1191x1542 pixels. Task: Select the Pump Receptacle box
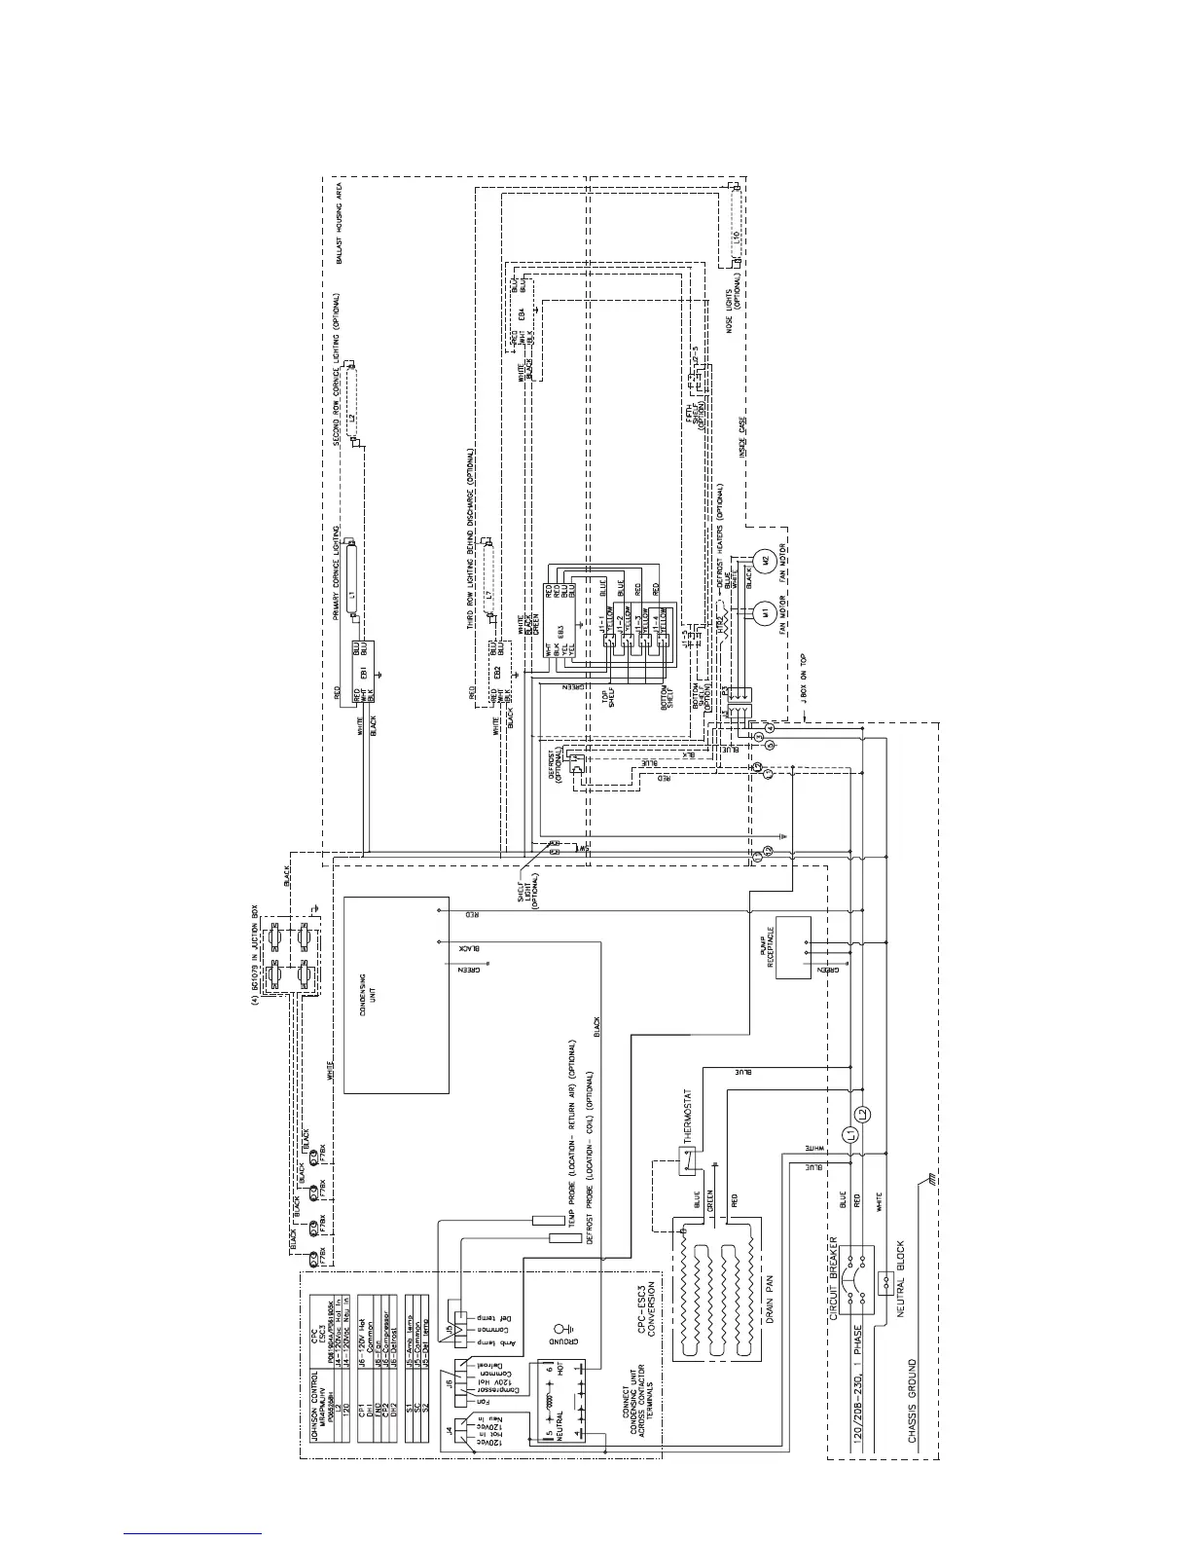pos(793,946)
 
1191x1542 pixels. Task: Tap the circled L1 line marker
pos(849,1133)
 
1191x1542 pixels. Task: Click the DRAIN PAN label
pos(772,1310)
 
